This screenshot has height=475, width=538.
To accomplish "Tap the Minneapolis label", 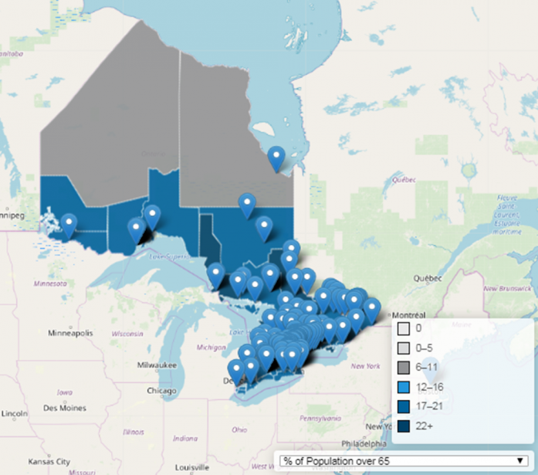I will tap(71, 333).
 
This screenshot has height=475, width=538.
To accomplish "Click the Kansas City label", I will tap(48, 461).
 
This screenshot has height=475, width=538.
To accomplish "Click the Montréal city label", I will tap(408, 316).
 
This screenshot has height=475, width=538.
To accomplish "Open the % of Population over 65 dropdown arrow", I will tap(519, 461).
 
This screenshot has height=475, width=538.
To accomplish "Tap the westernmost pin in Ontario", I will tap(69, 226).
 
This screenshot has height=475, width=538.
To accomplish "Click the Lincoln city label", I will tap(14, 414).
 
